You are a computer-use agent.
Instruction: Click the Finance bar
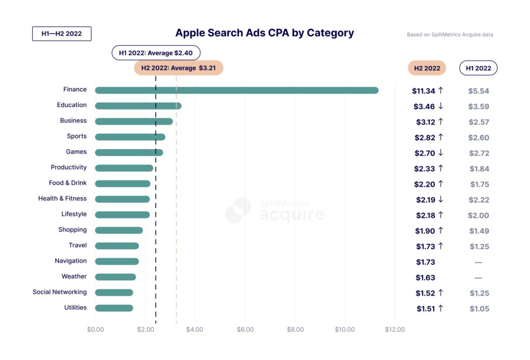click(x=237, y=91)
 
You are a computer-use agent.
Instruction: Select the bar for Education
click(x=138, y=106)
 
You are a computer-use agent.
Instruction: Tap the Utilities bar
click(x=114, y=308)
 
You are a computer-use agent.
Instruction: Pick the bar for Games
click(x=129, y=153)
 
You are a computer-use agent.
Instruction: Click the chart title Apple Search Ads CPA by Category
click(x=264, y=33)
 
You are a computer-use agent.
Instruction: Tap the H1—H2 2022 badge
click(x=62, y=34)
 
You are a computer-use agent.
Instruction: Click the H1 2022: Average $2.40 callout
click(x=156, y=53)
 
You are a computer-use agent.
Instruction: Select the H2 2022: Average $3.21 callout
click(x=179, y=68)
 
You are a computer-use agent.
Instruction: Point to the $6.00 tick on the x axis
click(x=245, y=329)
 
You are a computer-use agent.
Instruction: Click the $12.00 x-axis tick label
click(x=395, y=329)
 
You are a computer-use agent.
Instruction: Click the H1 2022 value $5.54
click(x=478, y=91)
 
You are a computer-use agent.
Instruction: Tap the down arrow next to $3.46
click(x=440, y=106)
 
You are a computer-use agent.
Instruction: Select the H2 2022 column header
click(x=427, y=68)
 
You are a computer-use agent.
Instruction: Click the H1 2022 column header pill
click(x=478, y=68)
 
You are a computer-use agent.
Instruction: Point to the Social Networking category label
click(x=60, y=292)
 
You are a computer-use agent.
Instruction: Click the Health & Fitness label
click(x=62, y=199)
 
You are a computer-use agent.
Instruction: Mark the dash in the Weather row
click(x=478, y=278)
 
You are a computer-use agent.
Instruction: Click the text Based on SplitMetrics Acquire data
click(x=450, y=35)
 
